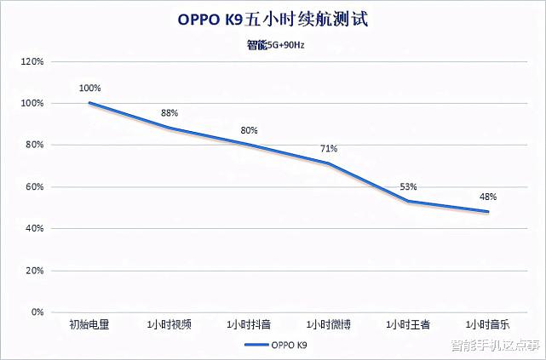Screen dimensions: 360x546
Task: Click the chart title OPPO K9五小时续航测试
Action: [x=273, y=19]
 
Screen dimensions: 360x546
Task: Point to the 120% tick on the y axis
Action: [x=32, y=62]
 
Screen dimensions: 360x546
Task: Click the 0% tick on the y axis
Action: [x=37, y=312]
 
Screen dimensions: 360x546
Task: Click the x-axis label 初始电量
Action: [x=89, y=324]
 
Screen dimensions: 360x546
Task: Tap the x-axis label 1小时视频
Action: [x=169, y=324]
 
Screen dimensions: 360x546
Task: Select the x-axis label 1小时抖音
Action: [x=249, y=324]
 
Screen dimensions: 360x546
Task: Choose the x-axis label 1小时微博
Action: [x=329, y=324]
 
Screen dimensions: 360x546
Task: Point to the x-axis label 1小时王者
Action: [x=408, y=324]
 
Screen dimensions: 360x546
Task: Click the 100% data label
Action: [x=89, y=88]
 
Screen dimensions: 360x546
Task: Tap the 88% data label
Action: [x=170, y=113]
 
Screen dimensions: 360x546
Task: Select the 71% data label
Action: [x=329, y=148]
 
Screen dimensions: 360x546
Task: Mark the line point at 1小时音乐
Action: [x=488, y=212]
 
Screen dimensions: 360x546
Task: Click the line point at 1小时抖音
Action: [x=249, y=145]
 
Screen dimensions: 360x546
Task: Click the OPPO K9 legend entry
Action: [x=273, y=346]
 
